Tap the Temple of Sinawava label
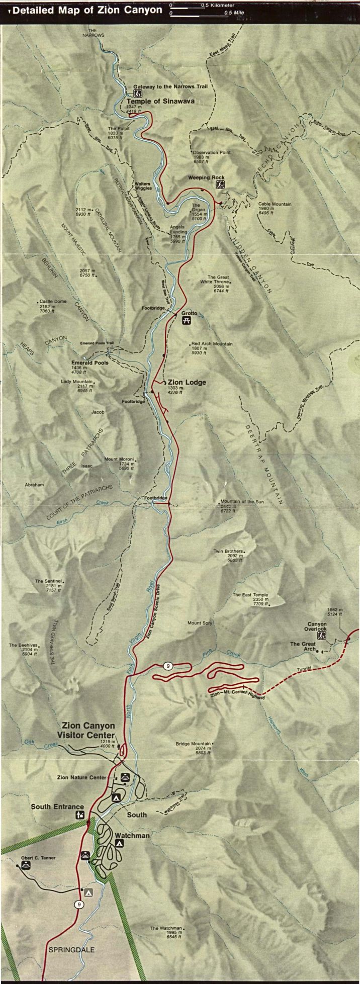click(160, 101)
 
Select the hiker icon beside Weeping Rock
click(220, 185)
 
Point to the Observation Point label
click(212, 152)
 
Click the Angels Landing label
click(177, 227)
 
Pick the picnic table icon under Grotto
click(186, 321)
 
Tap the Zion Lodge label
click(187, 382)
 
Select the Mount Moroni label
click(118, 459)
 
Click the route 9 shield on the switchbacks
click(168, 666)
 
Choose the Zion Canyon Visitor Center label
click(88, 730)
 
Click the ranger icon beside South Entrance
click(79, 815)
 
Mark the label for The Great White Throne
click(218, 280)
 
